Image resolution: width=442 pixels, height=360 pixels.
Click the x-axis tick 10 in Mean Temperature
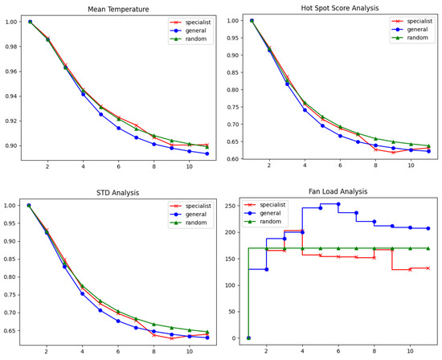coord(189,166)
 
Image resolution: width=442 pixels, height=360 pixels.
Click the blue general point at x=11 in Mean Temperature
coord(207,153)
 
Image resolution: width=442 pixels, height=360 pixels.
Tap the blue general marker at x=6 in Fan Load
coord(338,204)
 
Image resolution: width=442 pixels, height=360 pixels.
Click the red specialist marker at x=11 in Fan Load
coord(428,268)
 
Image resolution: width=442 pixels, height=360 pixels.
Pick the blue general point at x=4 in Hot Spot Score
coord(304,109)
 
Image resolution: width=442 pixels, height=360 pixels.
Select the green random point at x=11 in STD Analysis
coord(207,332)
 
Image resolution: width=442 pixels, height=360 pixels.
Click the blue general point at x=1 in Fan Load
coord(248,337)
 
